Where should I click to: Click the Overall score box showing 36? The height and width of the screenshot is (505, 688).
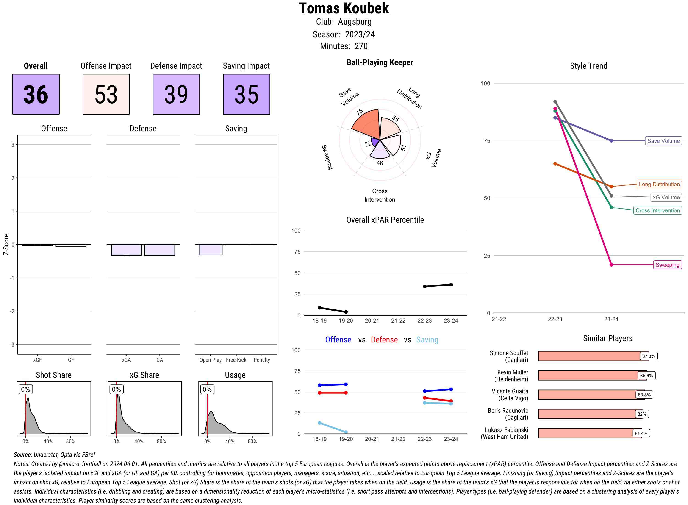pyautogui.click(x=36, y=94)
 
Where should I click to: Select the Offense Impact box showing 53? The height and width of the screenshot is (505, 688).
pyautogui.click(x=106, y=94)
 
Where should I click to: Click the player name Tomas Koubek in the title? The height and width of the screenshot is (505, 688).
pyautogui.click(x=344, y=8)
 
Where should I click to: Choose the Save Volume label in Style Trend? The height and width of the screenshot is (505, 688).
pyautogui.click(x=663, y=141)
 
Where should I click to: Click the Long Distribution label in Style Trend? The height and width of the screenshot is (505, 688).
pyautogui.click(x=659, y=184)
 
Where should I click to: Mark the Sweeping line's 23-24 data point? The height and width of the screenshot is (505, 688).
pyautogui.click(x=611, y=265)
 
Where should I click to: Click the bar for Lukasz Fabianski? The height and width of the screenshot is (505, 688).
pyautogui.click(x=589, y=433)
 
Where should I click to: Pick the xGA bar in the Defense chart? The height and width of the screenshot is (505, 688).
pyautogui.click(x=126, y=250)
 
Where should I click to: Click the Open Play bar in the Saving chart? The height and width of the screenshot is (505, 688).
pyautogui.click(x=210, y=250)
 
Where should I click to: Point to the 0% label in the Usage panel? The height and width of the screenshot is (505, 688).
pyautogui.click(x=207, y=390)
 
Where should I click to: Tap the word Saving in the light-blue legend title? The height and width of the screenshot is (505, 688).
pyautogui.click(x=427, y=340)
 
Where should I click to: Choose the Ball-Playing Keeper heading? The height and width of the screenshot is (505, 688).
pyautogui.click(x=380, y=63)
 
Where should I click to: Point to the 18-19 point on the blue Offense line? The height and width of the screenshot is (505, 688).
pyautogui.click(x=319, y=385)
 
